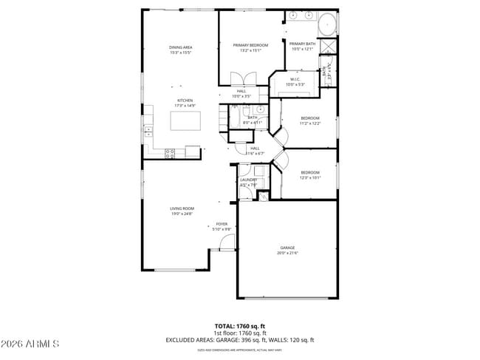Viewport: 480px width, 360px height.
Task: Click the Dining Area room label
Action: point(181,50)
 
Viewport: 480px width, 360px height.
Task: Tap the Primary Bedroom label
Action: point(250,47)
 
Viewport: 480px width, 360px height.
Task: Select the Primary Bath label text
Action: point(302,47)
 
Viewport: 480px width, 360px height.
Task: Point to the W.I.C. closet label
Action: point(294,81)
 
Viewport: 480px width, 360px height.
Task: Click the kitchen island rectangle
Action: point(185,120)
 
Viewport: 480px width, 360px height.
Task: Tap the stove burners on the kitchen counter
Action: point(170,154)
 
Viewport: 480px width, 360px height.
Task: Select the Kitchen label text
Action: point(185,103)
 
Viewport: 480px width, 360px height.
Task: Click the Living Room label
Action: point(182,211)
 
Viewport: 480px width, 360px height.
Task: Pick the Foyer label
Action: point(222,226)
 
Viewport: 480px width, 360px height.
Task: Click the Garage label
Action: point(287,250)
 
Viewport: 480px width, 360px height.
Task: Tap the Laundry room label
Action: point(248,182)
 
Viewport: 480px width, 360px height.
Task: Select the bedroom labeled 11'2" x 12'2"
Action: point(309,120)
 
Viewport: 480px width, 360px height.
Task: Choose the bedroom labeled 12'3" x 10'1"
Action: point(309,174)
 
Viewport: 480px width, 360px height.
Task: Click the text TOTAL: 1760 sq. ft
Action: point(240,325)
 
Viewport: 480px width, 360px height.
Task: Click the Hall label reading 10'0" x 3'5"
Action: point(241,93)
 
